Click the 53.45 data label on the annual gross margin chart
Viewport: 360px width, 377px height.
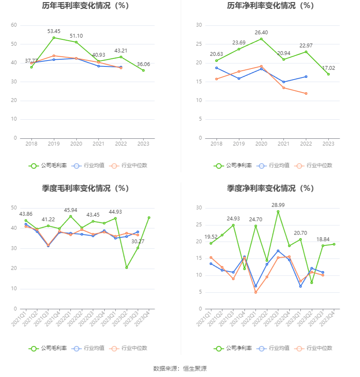[54, 31]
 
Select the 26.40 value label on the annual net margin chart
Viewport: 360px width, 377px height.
[261, 33]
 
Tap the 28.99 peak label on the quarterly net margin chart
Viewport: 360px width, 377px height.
[278, 205]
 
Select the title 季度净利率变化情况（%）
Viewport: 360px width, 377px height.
[270, 188]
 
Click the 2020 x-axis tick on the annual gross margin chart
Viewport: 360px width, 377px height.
[76, 144]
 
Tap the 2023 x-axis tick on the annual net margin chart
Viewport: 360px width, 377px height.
[328, 144]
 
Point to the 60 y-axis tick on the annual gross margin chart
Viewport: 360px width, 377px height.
[14, 25]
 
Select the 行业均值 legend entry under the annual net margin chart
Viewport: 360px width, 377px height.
[273, 165]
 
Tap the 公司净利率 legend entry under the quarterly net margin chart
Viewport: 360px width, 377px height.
[233, 348]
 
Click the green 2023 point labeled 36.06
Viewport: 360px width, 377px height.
[143, 70]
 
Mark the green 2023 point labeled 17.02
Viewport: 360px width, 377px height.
[328, 74]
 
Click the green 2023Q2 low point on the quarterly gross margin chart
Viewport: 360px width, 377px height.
[127, 267]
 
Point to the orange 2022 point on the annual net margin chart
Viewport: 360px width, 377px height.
[306, 94]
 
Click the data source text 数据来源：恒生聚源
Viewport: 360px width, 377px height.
[180, 369]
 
